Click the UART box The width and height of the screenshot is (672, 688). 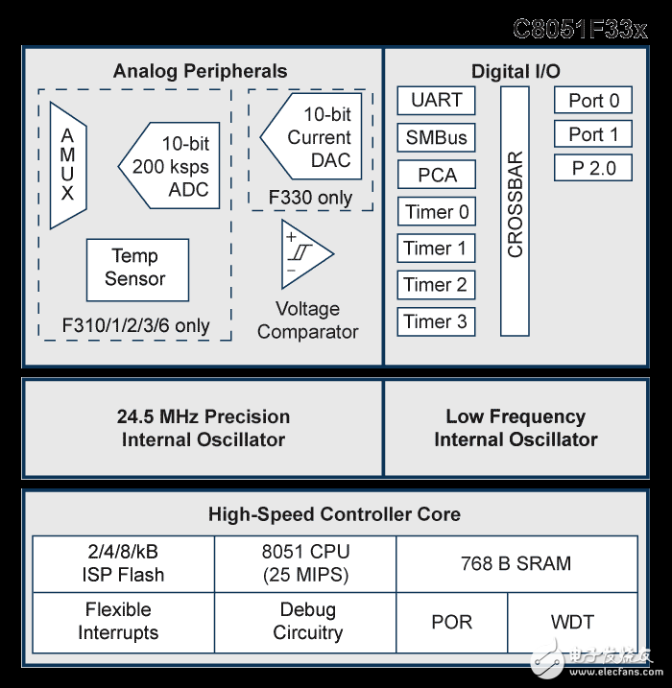pos(436,101)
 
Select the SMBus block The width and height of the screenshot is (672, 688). pos(436,137)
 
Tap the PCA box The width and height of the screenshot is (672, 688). pos(436,175)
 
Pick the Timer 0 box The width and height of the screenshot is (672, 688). pos(436,211)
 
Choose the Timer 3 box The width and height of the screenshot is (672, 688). pos(436,321)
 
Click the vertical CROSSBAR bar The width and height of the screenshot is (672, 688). pos(515,211)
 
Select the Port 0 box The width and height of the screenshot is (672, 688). pos(593,100)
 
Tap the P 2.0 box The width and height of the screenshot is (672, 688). pos(593,168)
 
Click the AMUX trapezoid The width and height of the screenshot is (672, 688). pos(68,165)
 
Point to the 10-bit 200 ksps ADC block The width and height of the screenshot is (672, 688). pos(169,165)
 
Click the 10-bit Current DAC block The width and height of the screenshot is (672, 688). pos(311,136)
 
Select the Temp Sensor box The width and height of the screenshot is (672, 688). pos(138,270)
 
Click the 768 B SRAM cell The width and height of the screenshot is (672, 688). pos(516,564)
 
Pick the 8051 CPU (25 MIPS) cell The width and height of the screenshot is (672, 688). pos(305,564)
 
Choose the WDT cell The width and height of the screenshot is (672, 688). pos(572,622)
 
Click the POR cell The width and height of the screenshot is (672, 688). pos(451,622)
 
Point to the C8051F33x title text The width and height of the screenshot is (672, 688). pos(580,30)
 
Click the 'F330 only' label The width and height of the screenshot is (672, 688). pos(310,198)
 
